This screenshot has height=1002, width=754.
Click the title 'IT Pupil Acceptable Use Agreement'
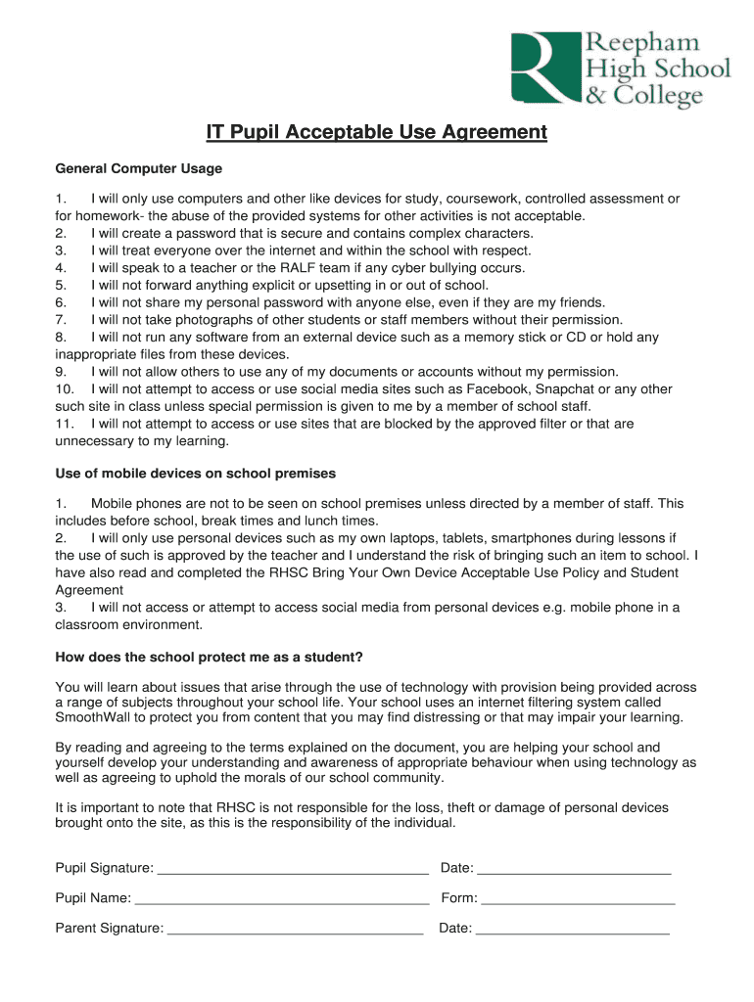click(x=376, y=132)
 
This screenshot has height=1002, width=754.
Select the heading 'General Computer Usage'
click(x=139, y=168)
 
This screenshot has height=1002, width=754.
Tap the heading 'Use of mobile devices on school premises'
click(x=196, y=473)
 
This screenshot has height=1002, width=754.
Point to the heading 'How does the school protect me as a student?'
click(x=210, y=656)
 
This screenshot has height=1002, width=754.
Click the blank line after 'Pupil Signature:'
click(x=293, y=869)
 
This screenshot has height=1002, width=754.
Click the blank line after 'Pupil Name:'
click(x=282, y=899)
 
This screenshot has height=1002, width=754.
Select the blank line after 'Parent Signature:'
click(x=296, y=930)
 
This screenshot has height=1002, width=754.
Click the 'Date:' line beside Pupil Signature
click(x=574, y=869)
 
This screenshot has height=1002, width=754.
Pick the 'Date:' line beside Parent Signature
click(x=572, y=930)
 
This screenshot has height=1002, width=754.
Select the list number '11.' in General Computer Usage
click(x=66, y=424)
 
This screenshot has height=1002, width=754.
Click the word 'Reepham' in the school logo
click(x=643, y=43)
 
